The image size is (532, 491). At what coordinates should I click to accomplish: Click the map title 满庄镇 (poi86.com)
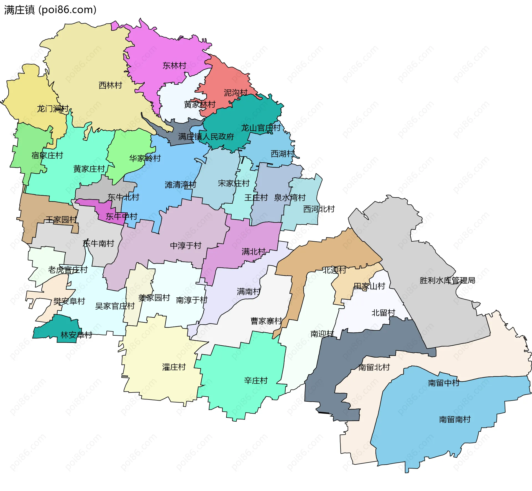tap(50, 10)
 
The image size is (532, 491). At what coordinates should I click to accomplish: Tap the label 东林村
tap(174, 66)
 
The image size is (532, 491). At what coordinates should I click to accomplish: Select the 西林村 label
tap(110, 85)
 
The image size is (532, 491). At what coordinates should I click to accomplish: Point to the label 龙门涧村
tap(53, 108)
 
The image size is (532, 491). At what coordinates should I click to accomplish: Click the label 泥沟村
tap(236, 93)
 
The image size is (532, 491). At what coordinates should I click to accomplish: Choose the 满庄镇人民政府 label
tap(206, 136)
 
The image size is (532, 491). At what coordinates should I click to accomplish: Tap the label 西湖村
tap(282, 153)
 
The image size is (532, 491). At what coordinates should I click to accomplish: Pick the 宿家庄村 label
tap(47, 155)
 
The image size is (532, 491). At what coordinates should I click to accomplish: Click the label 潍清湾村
tap(180, 184)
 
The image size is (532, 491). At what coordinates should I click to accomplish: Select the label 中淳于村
tap(185, 245)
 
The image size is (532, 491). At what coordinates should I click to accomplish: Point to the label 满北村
tap(253, 252)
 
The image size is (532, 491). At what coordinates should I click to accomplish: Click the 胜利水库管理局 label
tap(447, 280)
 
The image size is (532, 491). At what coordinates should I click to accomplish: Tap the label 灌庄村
tap(174, 367)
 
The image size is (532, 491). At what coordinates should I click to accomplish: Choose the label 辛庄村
tap(256, 380)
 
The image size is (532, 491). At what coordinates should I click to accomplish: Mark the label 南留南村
tap(455, 419)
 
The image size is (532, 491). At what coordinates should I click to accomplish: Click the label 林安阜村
tap(76, 335)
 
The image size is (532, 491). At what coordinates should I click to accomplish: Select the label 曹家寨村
tap(266, 321)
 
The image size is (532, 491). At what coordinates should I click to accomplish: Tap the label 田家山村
tap(369, 286)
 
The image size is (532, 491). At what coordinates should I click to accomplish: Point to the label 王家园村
tap(61, 220)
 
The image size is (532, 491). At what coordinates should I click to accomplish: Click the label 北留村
tap(383, 313)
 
